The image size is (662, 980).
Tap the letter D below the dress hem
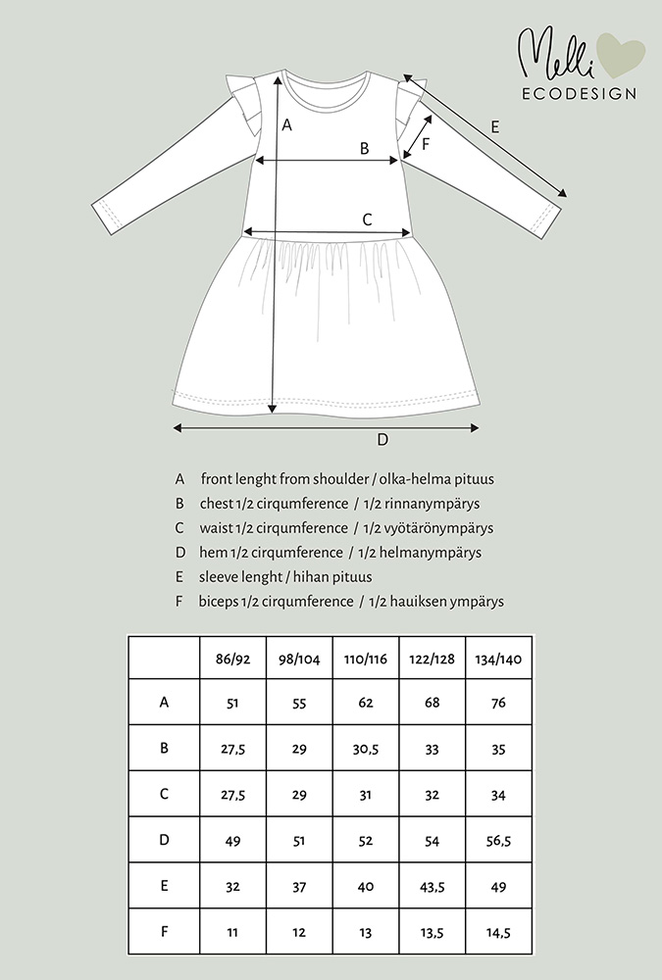382,439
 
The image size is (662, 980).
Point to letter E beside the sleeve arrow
495,126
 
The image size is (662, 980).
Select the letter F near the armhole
426,144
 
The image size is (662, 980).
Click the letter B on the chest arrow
364,149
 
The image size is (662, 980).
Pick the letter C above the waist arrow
367,220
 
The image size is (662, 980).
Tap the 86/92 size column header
232,658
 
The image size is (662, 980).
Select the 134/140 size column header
498,658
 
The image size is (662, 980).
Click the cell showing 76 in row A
498,702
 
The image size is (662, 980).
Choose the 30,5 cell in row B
365,748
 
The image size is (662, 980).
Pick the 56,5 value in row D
498,841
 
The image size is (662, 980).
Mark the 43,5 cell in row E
432,887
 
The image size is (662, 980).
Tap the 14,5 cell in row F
498,933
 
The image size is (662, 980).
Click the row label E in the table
164,887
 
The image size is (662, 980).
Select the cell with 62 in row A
365,702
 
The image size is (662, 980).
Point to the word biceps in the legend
219,601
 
